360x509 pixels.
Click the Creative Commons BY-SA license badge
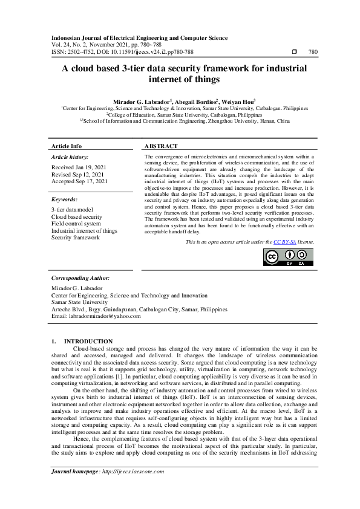point(289,257)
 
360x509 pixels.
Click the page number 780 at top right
point(313,52)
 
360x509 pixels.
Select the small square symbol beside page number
point(294,52)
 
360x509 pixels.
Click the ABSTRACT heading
point(162,146)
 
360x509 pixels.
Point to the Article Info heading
point(67,146)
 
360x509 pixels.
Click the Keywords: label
point(65,199)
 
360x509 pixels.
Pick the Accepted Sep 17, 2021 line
point(79,181)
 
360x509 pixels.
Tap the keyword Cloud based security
point(77,216)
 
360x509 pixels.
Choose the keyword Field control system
point(74,223)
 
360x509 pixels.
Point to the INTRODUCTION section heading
point(88,342)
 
